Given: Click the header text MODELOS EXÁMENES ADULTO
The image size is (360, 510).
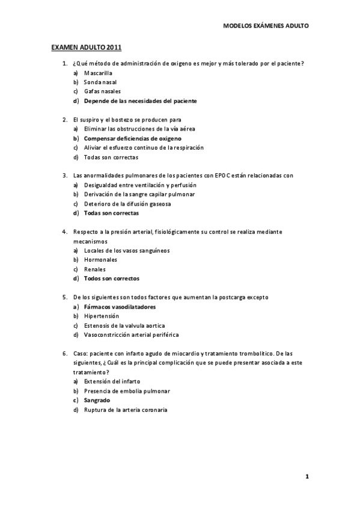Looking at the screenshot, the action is tap(266, 27).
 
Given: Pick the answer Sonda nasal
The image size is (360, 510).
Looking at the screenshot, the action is tap(100, 82).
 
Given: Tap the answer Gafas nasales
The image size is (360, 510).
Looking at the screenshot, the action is tap(102, 91).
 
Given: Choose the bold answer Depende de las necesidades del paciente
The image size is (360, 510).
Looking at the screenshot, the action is tap(140, 101).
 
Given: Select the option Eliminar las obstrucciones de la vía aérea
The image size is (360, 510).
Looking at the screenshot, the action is tap(139, 129).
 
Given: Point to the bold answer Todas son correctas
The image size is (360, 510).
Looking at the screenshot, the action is tap(111, 213).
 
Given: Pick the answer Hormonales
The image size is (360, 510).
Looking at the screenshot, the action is tap(100, 260).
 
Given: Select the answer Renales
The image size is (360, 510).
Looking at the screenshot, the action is tap(95, 269).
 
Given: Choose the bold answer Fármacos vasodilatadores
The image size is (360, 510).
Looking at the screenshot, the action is tap(120, 307).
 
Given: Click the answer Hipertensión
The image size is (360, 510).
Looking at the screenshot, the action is tap(102, 316).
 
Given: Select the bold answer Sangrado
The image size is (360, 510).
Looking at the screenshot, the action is tap(97, 400).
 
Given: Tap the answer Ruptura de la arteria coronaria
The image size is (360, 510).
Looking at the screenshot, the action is tap(126, 410).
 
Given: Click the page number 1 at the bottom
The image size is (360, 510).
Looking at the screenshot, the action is tap(307, 477).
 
